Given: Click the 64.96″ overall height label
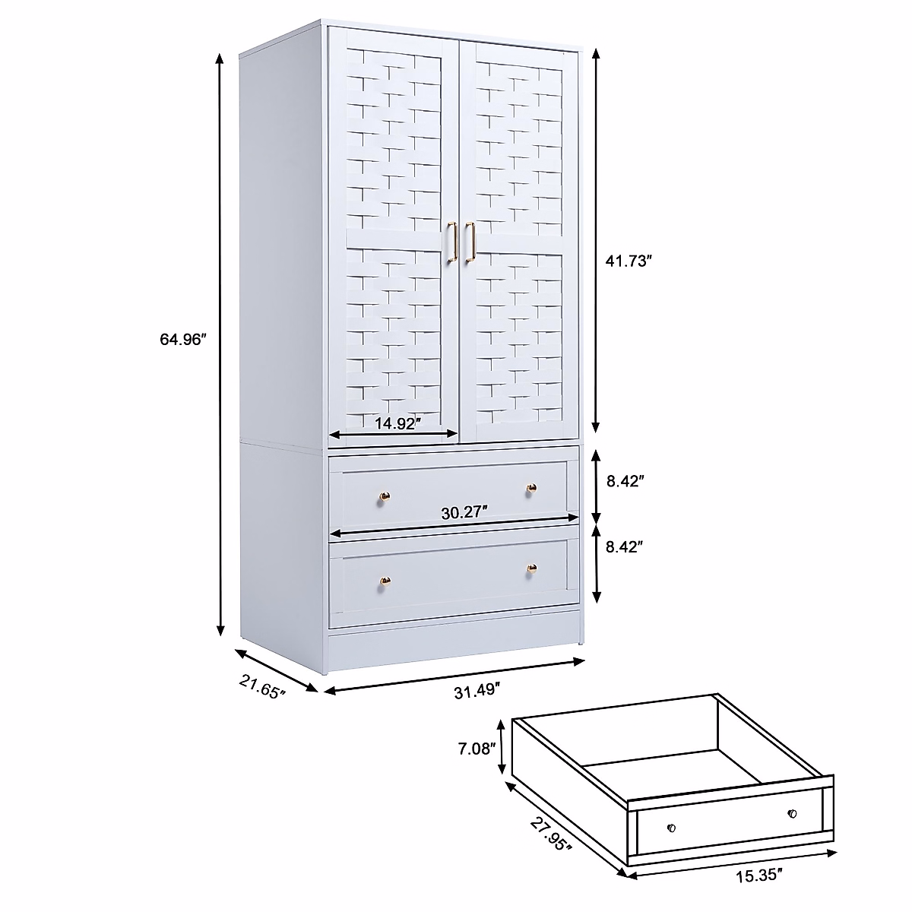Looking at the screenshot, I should [183, 340].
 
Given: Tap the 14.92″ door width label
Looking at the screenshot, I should [397, 424].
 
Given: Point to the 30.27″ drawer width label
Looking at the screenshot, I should [464, 512].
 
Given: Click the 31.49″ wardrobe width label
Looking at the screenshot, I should [477, 692].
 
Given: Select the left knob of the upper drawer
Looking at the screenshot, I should [385, 497].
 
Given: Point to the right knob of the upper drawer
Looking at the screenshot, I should [531, 487].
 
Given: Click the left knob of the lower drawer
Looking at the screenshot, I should [385, 582].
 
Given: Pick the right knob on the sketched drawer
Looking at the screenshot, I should [792, 814].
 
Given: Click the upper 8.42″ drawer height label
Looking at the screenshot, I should [626, 481].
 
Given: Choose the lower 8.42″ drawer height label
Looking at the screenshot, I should [626, 546].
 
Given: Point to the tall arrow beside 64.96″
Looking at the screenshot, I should [220, 342].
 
